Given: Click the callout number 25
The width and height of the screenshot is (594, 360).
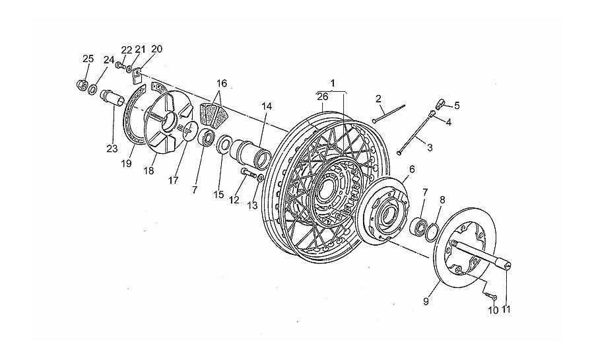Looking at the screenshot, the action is coord(88,59).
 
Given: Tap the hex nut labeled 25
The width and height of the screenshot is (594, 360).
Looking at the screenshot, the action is coord(81,84).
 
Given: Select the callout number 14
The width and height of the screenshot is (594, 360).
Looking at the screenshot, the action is coord(267,106).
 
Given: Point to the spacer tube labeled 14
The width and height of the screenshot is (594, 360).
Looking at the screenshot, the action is coord(251,153).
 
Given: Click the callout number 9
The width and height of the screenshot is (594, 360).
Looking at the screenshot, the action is coord(426,302).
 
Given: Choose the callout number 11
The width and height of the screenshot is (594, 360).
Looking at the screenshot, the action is coord(506,309).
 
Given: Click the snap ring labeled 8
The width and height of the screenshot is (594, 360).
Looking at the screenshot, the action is coord(432,232).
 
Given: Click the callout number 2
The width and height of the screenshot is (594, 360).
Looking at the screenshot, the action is coord(378,99).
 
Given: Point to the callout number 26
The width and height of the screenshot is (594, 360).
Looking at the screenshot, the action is coord(323,96).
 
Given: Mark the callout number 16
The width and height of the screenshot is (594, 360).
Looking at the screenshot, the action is coord(222,83).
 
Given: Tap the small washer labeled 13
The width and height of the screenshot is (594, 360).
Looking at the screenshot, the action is coord(261,178).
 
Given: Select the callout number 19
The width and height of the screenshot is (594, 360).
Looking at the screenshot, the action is coord(127,163).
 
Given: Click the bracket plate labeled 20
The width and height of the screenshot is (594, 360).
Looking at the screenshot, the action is coord(137,75).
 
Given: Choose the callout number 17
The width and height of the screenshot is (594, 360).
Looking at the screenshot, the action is coord(174,181).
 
